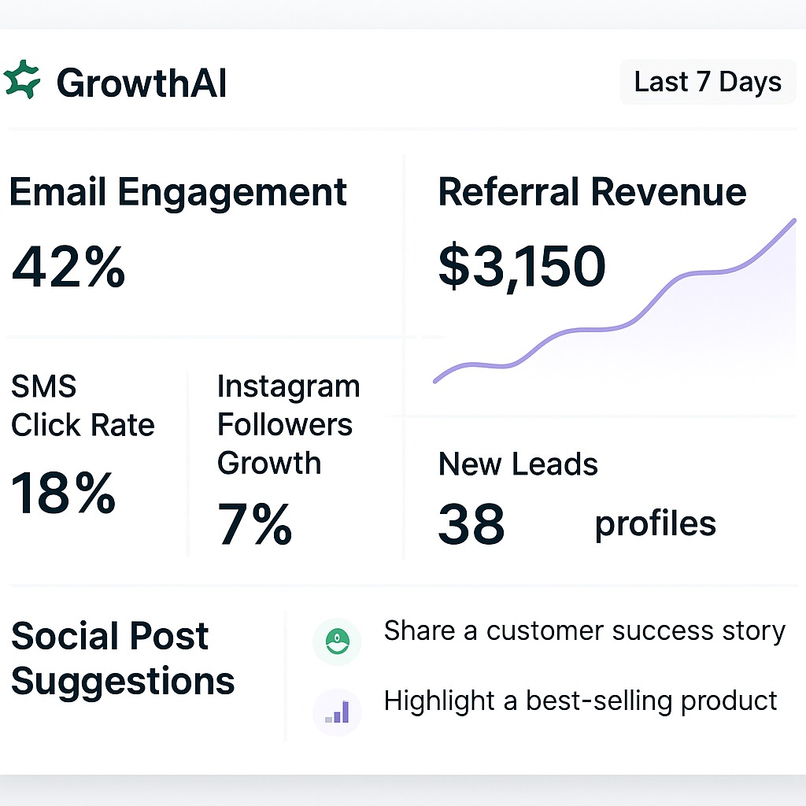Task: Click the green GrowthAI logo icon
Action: [x=21, y=80]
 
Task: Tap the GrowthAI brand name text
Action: [x=142, y=83]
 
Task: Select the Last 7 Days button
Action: [x=708, y=82]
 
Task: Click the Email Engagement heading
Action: [x=178, y=193]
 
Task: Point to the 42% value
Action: [x=68, y=267]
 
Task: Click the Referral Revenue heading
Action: [x=592, y=193]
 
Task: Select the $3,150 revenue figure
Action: [x=522, y=266]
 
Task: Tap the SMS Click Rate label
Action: [x=83, y=406]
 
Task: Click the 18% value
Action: [x=64, y=494]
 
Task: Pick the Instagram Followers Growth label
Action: [x=288, y=425]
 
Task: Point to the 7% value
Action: [x=255, y=524]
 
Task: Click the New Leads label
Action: [x=518, y=464]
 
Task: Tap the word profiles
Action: [x=655, y=524]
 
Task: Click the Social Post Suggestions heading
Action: [x=123, y=659]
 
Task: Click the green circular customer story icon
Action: [x=337, y=641]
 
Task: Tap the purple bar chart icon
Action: [x=337, y=712]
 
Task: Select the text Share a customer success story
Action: [x=584, y=631]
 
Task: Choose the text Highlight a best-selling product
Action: [x=580, y=701]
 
